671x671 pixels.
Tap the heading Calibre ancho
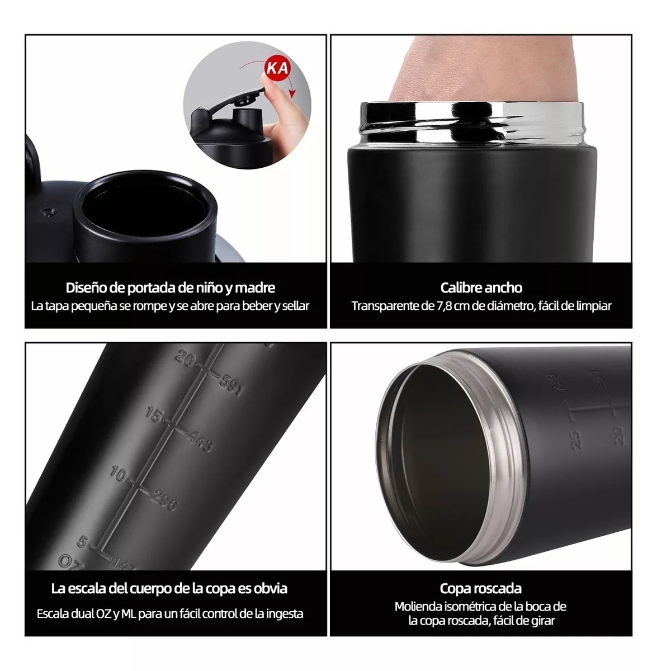tap(481, 288)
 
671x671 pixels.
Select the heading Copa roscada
tap(481, 588)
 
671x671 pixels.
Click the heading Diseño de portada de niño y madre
tap(171, 288)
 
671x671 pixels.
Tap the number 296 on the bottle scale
tap(163, 502)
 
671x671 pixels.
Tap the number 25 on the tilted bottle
tap(577, 440)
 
